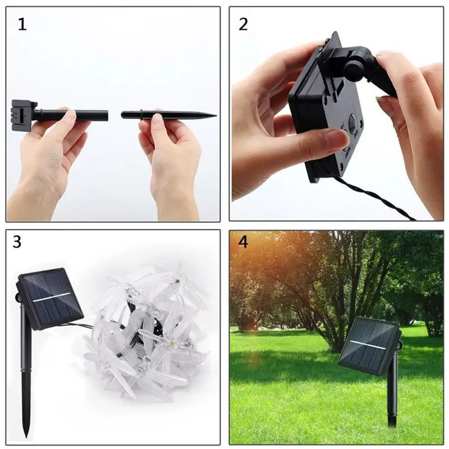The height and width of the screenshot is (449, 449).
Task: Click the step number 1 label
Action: tap(22, 24)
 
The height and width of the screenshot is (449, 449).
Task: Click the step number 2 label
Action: tap(243, 24)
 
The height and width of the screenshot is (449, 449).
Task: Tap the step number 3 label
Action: tap(17, 242)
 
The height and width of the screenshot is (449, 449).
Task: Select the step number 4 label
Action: tap(242, 242)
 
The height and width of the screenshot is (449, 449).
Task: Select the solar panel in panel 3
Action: tap(51, 297)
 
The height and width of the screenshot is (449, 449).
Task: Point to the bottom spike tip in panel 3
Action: tap(26, 432)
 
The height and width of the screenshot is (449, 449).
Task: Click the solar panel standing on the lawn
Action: tap(369, 345)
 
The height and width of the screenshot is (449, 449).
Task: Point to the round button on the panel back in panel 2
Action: tap(352, 121)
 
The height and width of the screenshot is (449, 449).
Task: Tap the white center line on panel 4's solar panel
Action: tap(369, 344)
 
